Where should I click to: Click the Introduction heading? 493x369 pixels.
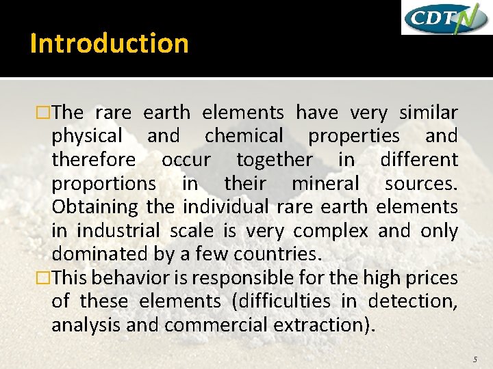pos(110,43)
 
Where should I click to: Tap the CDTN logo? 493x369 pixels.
pos(445,18)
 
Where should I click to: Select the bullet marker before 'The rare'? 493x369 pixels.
pos(45,113)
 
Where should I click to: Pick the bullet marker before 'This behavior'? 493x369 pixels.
pos(45,278)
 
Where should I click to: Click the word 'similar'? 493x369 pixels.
pos(429,112)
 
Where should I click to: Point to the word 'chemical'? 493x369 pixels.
pos(243,136)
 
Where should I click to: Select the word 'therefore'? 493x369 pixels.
pos(94,160)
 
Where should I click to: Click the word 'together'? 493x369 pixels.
pos(274,160)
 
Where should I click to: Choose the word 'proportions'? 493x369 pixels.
pos(104,184)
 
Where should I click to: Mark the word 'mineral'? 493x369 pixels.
pos(325,183)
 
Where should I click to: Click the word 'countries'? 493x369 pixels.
pos(277,254)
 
